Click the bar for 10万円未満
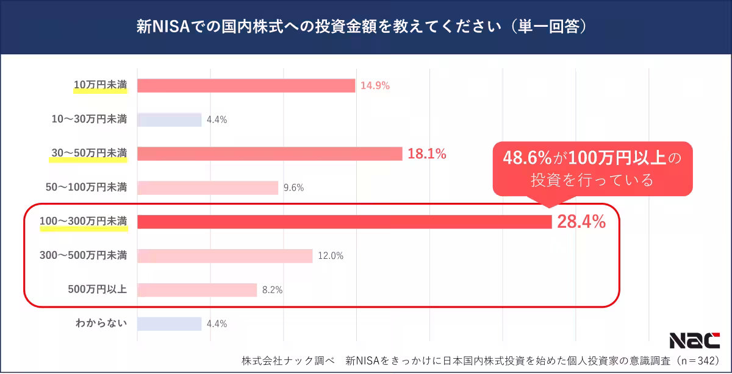pyautogui.click(x=246, y=86)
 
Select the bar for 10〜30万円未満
pyautogui.click(x=169, y=120)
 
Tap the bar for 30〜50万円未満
pyautogui.click(x=270, y=154)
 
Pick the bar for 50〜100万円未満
pyautogui.click(x=207, y=188)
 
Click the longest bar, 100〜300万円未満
pyautogui.click(x=344, y=222)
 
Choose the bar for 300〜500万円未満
pyautogui.click(x=224, y=256)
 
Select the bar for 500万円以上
pyautogui.click(x=197, y=290)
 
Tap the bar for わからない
pyautogui.click(x=169, y=324)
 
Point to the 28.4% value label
pyautogui.click(x=581, y=222)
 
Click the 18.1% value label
pyautogui.click(x=427, y=154)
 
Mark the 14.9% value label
pyautogui.click(x=375, y=86)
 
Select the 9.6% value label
pyautogui.click(x=293, y=188)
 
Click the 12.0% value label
pyautogui.click(x=331, y=256)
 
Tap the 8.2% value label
pyautogui.click(x=272, y=290)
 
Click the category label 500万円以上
pyautogui.click(x=98, y=289)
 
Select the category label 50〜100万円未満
pyautogui.click(x=87, y=187)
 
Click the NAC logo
pyautogui.click(x=694, y=340)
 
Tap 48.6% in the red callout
pyautogui.click(x=528, y=158)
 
